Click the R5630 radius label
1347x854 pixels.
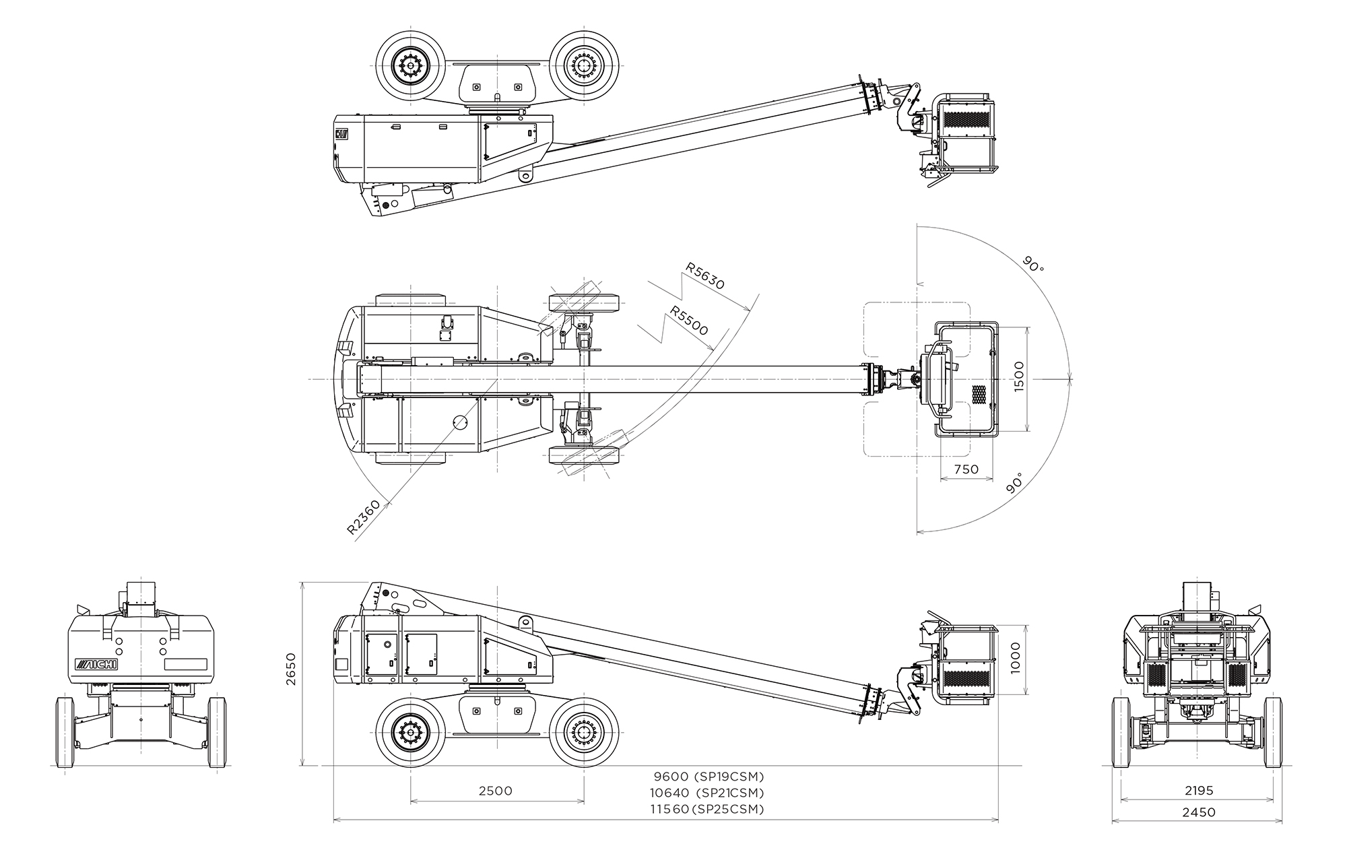[x=705, y=275]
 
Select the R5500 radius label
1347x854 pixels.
[x=689, y=320]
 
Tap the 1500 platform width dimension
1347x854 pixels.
[x=1018, y=377]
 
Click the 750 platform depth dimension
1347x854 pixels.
[x=966, y=469]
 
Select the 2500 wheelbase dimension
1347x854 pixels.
[x=495, y=791]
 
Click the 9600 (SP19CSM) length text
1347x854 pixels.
[x=709, y=777]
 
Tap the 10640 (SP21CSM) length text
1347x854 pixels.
[x=707, y=793]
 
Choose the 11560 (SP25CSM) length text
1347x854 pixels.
[x=707, y=809]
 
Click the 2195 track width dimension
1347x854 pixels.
[x=1199, y=791]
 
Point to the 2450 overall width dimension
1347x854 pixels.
[x=1199, y=812]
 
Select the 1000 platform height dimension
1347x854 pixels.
[x=1016, y=658]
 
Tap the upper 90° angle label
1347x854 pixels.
[x=1032, y=263]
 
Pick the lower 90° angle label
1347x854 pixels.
[x=1016, y=484]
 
